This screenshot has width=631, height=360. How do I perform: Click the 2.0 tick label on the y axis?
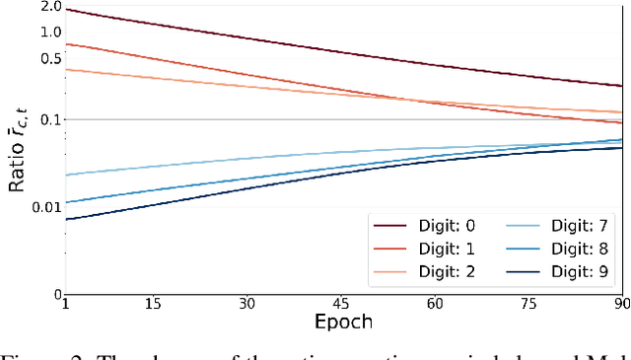point(49,8)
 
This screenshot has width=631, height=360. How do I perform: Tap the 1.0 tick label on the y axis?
point(49,32)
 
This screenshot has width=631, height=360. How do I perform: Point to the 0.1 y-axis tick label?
point(49,120)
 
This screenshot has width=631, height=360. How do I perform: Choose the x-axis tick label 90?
point(619,305)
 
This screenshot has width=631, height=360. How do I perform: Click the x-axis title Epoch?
point(344,323)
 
